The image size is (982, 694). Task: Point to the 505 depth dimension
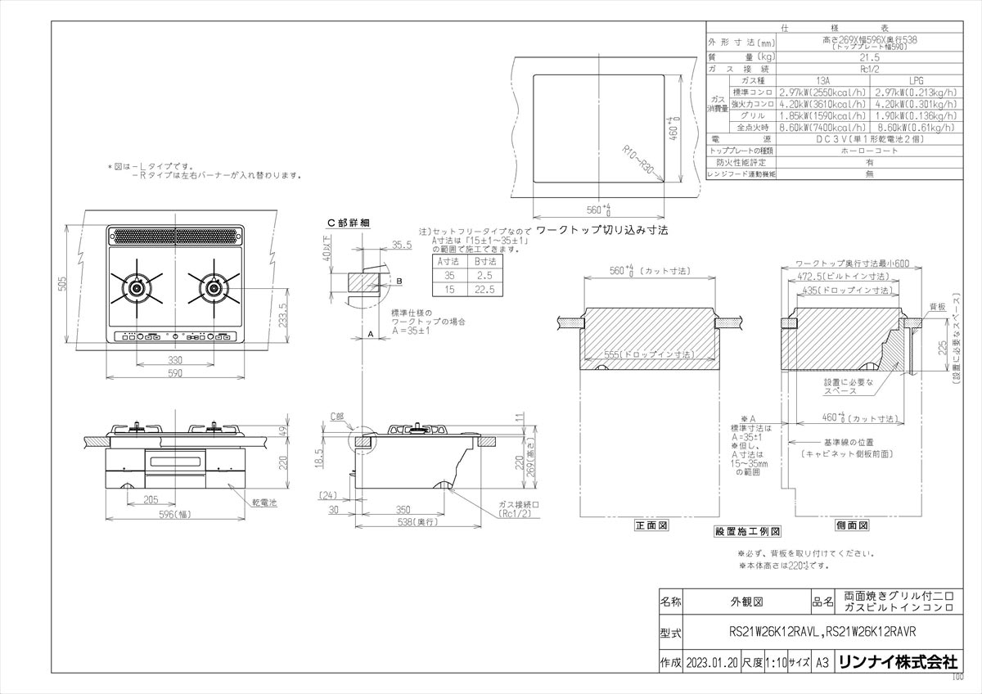(x=72, y=282)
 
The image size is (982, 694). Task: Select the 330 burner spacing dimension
(x=175, y=359)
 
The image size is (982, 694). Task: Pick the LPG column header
(x=915, y=81)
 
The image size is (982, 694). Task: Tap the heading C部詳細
(x=349, y=223)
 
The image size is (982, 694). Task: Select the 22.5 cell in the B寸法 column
(x=482, y=290)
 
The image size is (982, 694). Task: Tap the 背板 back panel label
(x=937, y=306)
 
